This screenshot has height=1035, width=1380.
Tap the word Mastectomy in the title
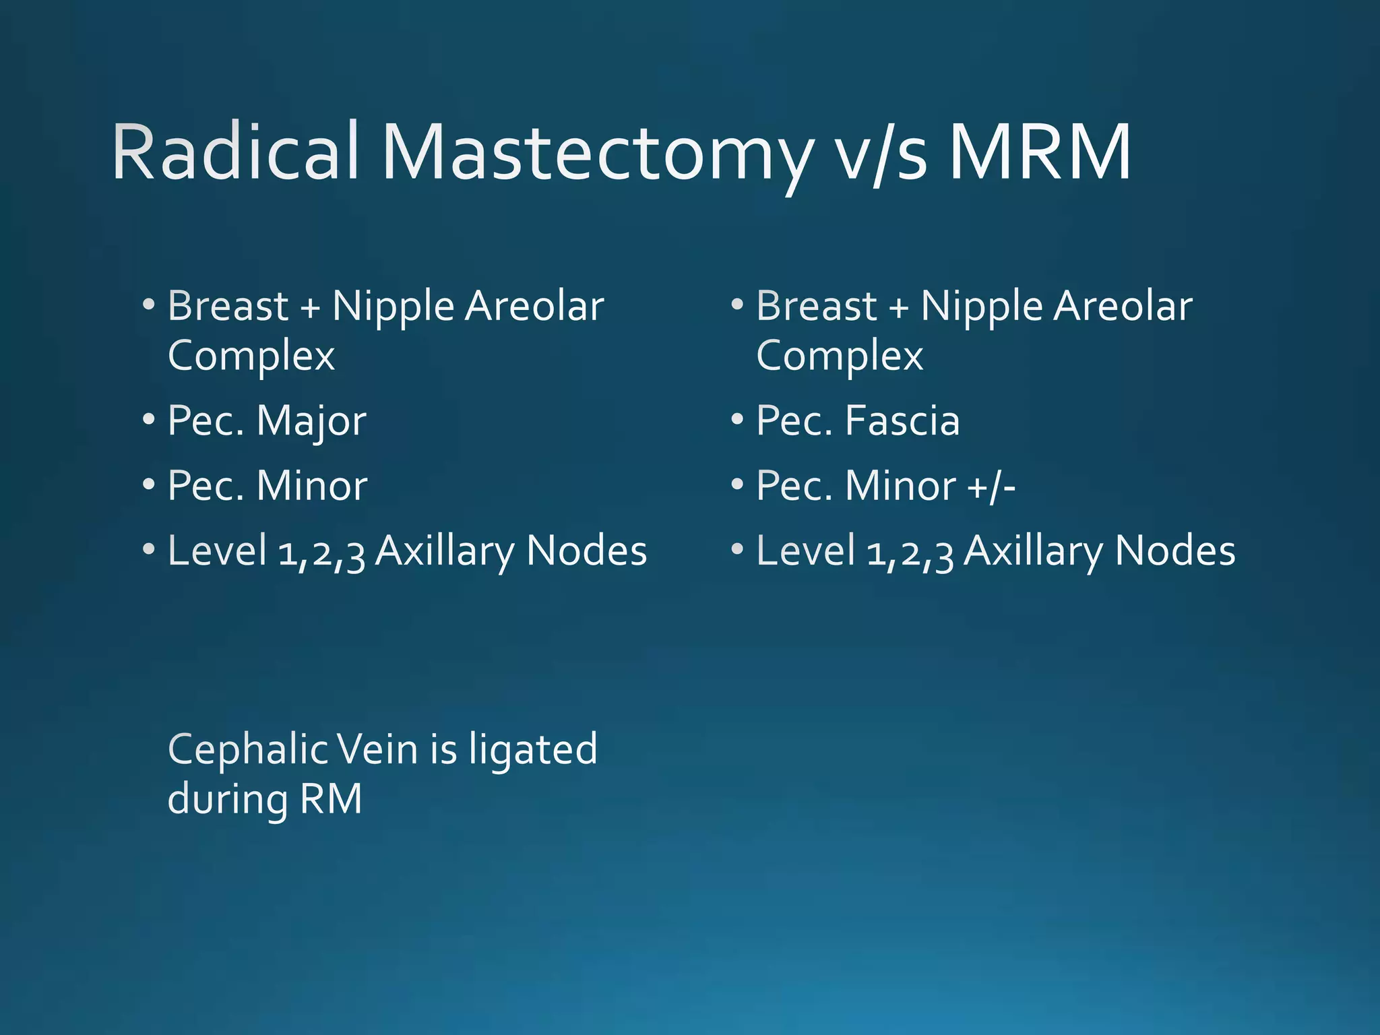596,154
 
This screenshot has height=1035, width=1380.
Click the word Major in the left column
311,422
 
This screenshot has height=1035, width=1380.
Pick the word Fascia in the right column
902,422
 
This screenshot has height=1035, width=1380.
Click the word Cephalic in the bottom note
247,749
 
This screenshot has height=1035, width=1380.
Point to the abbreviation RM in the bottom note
331,799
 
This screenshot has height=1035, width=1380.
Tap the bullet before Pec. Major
149,419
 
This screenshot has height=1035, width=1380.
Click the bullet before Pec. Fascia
737,419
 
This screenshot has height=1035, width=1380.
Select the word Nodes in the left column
586,551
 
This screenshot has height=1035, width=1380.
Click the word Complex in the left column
251,356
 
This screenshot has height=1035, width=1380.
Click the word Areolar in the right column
1123,307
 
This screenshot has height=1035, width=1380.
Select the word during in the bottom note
228,799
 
